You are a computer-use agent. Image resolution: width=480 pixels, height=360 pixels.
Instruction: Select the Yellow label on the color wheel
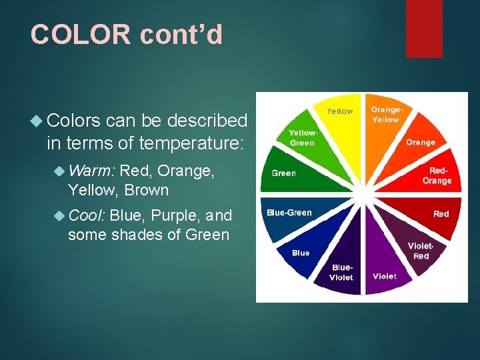[339, 111]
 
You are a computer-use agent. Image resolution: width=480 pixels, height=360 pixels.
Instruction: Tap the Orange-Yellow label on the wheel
[386, 115]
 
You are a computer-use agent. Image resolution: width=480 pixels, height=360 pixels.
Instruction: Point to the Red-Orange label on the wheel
[437, 176]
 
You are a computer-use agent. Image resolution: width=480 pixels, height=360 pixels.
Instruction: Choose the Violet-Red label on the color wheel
[421, 251]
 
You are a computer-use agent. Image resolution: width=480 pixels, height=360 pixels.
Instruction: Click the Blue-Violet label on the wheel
[341, 273]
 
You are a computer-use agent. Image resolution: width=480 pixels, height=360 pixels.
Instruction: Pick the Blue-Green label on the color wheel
[289, 213]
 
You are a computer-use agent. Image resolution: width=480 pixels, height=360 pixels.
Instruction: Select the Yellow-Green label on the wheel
[303, 138]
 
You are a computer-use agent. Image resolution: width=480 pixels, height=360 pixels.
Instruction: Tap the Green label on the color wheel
[283, 173]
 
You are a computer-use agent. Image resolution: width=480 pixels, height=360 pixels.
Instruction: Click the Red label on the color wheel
[441, 214]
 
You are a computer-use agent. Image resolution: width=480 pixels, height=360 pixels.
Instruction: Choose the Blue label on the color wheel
[301, 253]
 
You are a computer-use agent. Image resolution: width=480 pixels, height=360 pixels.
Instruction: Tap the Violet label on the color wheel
[384, 276]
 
